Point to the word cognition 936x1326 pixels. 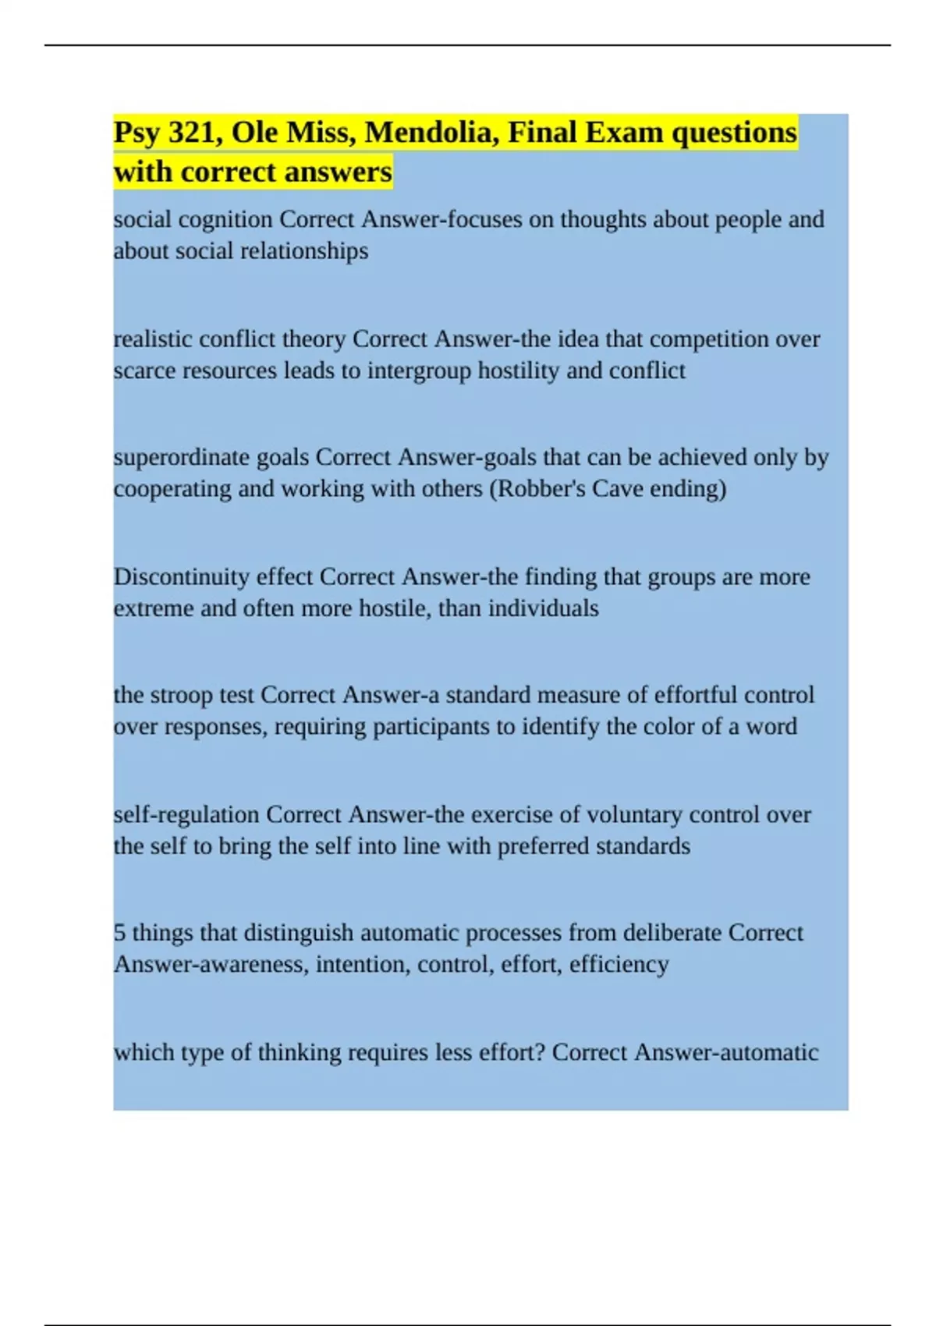point(225,220)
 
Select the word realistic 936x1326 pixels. point(153,339)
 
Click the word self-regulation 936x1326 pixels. point(186,815)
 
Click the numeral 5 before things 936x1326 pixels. point(119,933)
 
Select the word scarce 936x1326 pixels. point(144,370)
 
